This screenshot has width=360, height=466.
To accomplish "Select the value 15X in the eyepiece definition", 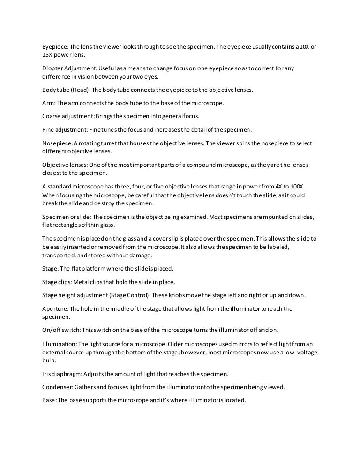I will [x=47, y=54].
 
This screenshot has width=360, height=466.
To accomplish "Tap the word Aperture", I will [x=55, y=308].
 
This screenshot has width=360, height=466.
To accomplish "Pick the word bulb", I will [x=49, y=360].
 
